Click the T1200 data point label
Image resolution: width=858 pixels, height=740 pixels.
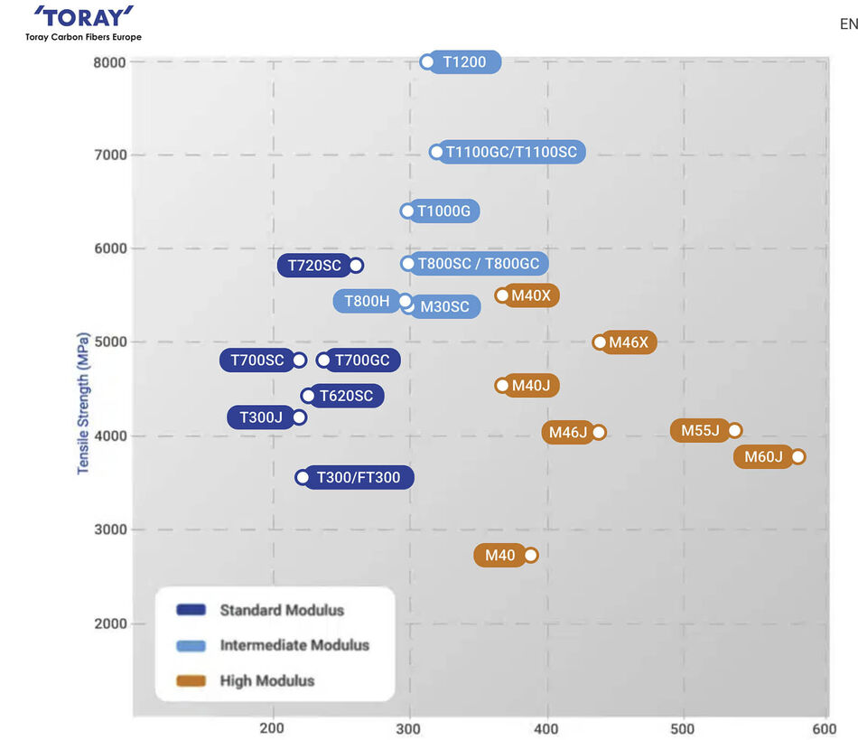tap(464, 62)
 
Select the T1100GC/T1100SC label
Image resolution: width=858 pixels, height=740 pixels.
tap(511, 152)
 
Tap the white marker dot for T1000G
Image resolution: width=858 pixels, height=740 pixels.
tap(407, 211)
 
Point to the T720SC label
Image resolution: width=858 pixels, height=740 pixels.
tap(314, 266)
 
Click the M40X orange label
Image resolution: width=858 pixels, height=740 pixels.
tap(531, 295)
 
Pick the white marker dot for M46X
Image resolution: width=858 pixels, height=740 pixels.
tap(600, 342)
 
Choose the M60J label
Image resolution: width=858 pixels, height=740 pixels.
tap(764, 457)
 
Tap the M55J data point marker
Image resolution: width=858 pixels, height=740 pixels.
tap(735, 430)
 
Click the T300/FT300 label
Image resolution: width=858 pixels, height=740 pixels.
tap(359, 478)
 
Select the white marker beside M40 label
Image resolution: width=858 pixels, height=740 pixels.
tap(531, 555)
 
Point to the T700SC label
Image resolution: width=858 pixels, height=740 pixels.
tap(257, 361)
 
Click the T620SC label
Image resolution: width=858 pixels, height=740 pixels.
tap(346, 396)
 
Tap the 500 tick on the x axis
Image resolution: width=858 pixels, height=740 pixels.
tap(684, 728)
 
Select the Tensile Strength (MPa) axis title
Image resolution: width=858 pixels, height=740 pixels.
tap(83, 403)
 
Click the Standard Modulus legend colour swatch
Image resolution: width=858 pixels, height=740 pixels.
tap(191, 610)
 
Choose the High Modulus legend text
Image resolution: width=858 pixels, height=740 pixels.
tap(267, 680)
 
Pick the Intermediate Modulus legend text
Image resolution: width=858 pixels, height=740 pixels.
tap(294, 645)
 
